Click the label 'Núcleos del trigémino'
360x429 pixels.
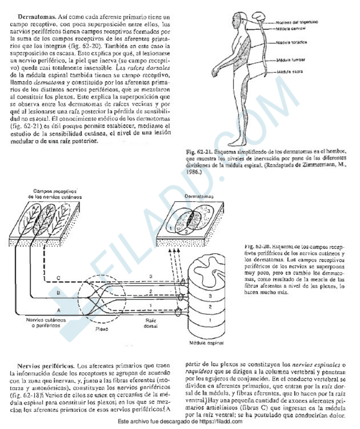[297, 22]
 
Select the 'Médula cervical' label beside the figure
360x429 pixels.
[292, 28]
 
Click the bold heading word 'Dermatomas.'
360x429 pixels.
[34, 17]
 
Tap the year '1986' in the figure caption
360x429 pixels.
[195, 171]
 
